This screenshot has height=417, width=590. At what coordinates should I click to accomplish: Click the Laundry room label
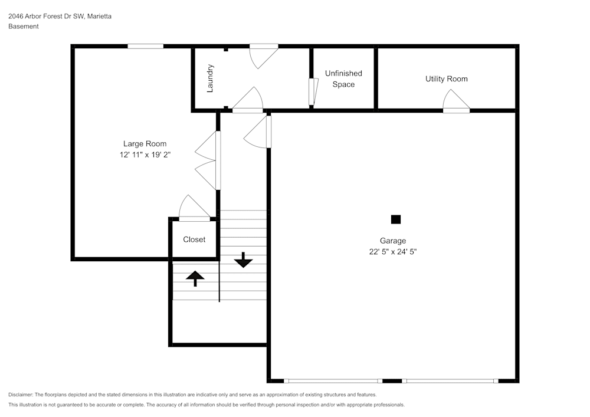[210, 78]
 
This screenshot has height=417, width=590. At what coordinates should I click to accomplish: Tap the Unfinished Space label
[343, 79]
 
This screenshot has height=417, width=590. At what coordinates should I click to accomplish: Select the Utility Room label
[447, 79]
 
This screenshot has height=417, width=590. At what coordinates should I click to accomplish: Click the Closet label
[194, 239]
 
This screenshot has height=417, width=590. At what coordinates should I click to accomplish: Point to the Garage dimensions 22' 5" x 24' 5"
[393, 251]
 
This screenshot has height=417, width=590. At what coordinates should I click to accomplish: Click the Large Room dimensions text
[145, 155]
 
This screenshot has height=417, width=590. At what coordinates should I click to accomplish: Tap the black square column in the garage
[396, 219]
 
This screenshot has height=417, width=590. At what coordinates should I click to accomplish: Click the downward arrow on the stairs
[243, 260]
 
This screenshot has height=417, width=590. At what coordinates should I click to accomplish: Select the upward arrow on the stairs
[195, 278]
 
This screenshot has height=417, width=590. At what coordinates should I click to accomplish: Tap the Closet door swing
[194, 208]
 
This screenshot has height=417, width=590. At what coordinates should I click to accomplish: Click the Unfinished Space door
[313, 91]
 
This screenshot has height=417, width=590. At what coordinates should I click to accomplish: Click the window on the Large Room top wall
[146, 46]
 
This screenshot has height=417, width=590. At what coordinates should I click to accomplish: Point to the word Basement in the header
[24, 27]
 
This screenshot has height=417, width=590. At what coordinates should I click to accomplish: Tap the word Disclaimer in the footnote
[21, 395]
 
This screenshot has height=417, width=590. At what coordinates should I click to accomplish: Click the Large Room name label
[145, 144]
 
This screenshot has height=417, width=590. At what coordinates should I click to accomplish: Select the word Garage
[393, 241]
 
